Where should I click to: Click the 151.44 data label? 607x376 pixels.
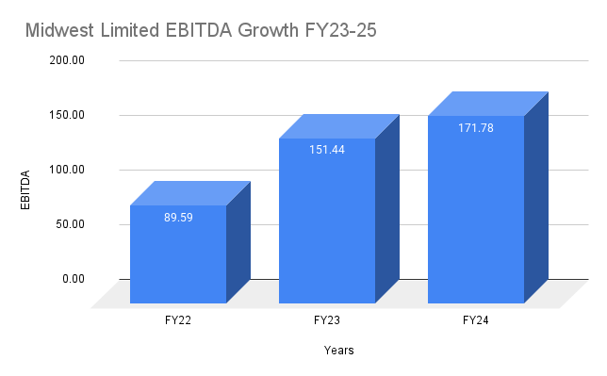[x=327, y=149]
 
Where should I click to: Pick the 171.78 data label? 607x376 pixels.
[x=476, y=126]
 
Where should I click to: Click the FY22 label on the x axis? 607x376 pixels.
[x=178, y=321]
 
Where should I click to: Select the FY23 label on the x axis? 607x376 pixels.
[x=327, y=321]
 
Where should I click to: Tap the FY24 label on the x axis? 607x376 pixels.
[x=476, y=321]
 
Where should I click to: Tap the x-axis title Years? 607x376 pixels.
[x=339, y=351]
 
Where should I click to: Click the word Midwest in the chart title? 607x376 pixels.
[x=58, y=30]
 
